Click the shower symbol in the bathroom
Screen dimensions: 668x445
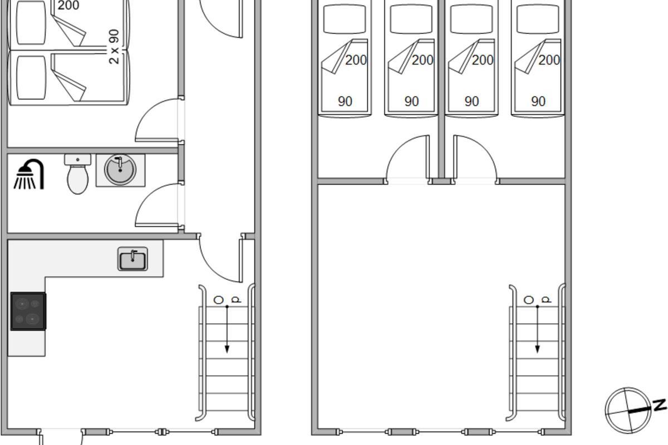[29, 174]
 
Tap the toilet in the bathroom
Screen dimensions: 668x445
[77, 174]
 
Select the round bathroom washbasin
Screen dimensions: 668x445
[120, 170]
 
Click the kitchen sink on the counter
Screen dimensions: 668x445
[132, 259]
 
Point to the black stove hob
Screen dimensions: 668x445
[28, 311]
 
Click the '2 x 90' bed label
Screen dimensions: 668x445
[114, 47]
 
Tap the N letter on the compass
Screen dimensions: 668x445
[659, 406]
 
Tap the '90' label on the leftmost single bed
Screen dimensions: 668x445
[345, 102]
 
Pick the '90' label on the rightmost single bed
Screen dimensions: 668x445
[538, 102]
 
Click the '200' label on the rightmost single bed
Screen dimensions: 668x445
[549, 60]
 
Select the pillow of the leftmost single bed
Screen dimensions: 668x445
[345, 19]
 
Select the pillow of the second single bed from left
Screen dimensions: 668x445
[411, 19]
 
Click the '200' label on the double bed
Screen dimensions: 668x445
[68, 6]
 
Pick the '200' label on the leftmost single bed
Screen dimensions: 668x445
[356, 60]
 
